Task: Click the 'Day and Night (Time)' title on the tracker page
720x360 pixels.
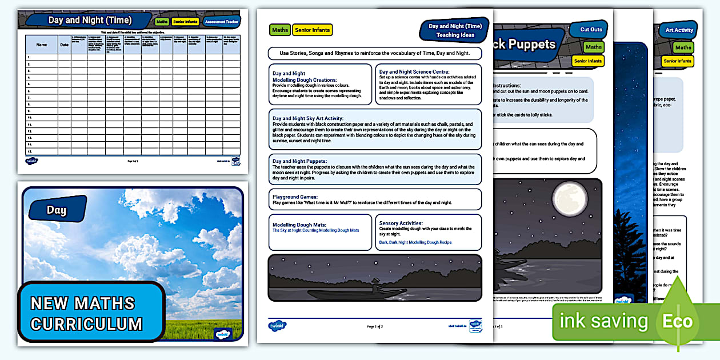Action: click(90, 20)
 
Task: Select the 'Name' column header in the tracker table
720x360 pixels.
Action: click(42, 44)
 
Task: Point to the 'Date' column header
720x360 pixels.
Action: click(65, 44)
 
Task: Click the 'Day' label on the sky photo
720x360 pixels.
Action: click(56, 210)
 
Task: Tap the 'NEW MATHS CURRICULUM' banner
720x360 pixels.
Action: click(87, 313)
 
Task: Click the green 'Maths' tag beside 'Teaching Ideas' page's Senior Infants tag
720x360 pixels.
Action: click(280, 30)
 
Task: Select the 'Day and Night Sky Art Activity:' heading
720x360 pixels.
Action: click(307, 118)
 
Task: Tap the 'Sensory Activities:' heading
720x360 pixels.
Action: click(401, 223)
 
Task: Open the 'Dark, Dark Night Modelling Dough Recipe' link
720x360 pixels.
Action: click(415, 242)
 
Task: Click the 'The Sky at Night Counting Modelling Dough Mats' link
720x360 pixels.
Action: click(315, 230)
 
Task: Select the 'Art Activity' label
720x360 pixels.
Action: click(679, 30)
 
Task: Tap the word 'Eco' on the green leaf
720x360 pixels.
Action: click(677, 321)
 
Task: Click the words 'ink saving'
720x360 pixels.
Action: click(603, 321)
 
